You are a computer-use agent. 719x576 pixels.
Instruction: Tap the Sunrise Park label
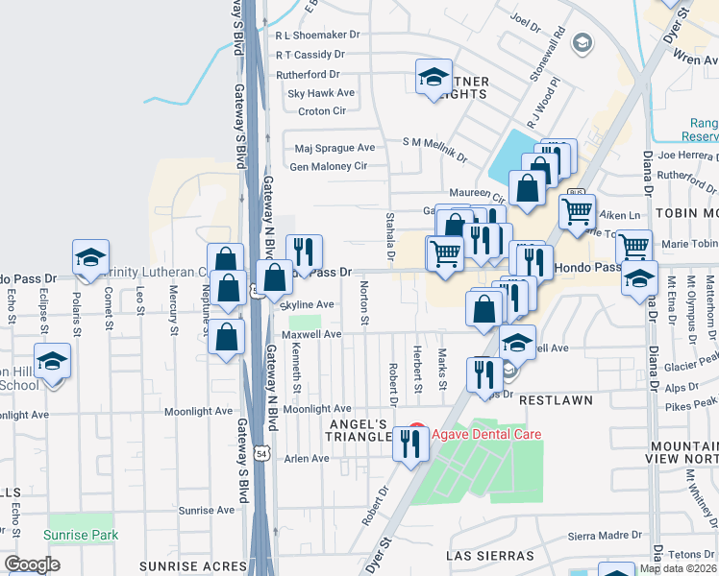[81, 535]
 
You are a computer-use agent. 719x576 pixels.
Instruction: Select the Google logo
[32, 564]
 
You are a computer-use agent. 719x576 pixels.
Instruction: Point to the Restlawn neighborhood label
[557, 398]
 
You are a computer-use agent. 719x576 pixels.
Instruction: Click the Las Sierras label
[490, 556]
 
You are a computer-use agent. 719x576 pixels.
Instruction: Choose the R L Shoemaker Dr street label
[316, 34]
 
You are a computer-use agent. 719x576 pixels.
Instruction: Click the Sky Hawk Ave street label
[321, 93]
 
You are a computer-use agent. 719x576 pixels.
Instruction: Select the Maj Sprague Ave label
[335, 148]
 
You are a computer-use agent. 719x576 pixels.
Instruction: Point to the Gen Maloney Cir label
[329, 166]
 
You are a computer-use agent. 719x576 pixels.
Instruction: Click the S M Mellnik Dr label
[434, 143]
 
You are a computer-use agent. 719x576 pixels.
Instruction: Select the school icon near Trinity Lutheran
[90, 257]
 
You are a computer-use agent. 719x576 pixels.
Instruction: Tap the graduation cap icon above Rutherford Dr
[434, 76]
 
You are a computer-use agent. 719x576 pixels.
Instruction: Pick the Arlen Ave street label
[307, 459]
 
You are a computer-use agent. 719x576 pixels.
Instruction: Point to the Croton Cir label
[321, 111]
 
